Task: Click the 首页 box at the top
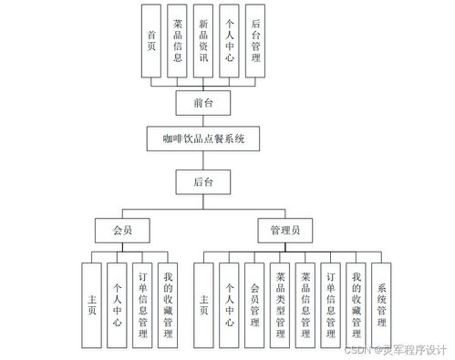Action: click(152, 41)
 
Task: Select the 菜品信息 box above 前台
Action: click(178, 41)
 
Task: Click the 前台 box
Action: click(204, 103)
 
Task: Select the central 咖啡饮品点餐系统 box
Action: click(204, 139)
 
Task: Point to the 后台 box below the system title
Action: click(204, 182)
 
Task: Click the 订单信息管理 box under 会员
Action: click(141, 306)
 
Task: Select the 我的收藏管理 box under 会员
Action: click(167, 306)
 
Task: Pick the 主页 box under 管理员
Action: click(203, 306)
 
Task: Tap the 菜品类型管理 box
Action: click(280, 306)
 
